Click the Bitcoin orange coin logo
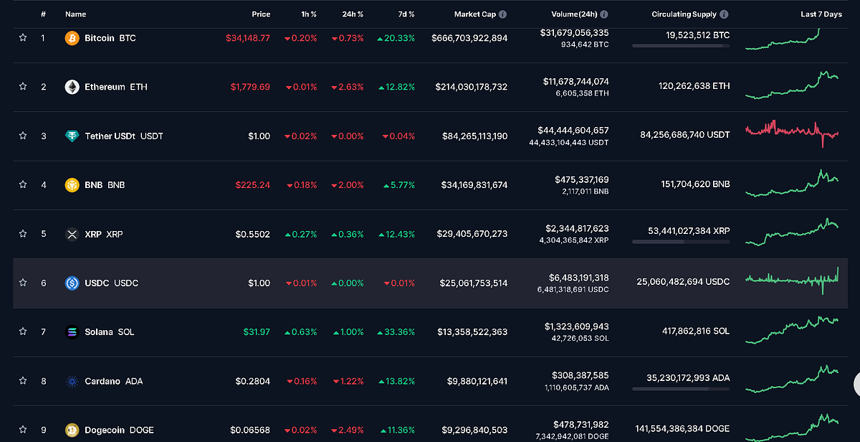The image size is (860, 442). pos(72,38)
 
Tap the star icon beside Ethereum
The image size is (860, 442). pos(23,87)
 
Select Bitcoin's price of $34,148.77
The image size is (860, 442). pos(248,38)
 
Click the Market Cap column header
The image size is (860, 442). pos(475,14)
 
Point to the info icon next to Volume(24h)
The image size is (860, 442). pos(604,14)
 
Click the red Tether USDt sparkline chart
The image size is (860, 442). pos(792,133)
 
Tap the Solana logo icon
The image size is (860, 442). pos(72,332)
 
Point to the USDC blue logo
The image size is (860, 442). pos(72,283)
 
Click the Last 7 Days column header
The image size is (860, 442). pos(821,14)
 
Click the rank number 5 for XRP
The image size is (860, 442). pos(44,234)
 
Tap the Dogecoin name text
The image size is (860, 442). pos(99,430)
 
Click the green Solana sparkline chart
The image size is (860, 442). pos(792,329)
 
